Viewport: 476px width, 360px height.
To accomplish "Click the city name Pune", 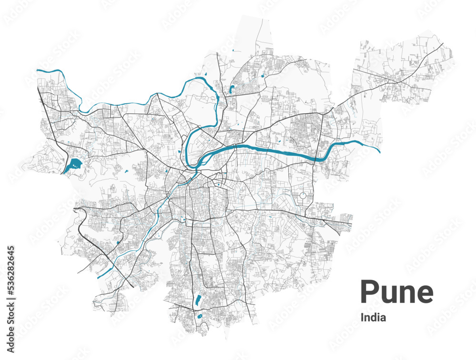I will point(397,292).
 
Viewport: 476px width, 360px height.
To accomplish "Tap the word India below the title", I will point(374,317).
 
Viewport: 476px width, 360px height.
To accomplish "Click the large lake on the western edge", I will point(73,166).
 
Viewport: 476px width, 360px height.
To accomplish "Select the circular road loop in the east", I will point(303,195).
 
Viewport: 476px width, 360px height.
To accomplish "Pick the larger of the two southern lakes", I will point(198,300).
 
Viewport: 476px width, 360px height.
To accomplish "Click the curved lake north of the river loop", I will point(232,89).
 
